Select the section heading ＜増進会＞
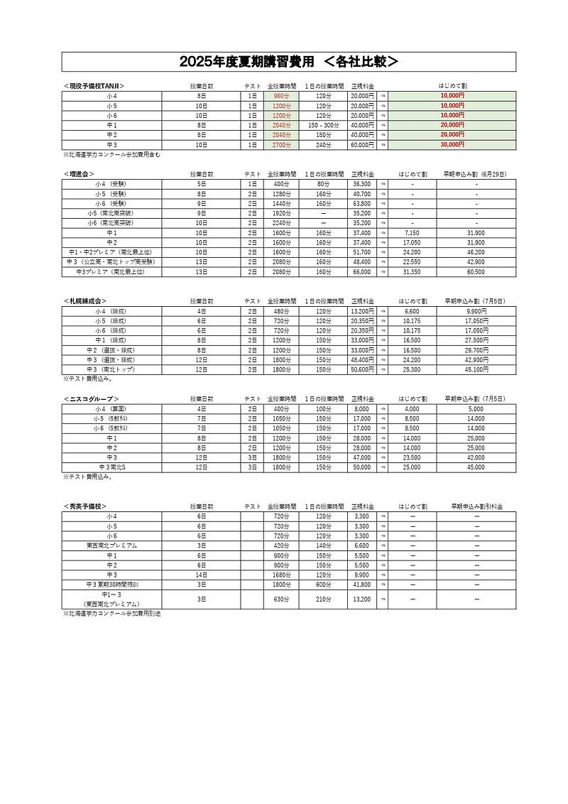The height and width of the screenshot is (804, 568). coord(79,173)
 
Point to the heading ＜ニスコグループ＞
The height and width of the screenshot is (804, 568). coord(90,399)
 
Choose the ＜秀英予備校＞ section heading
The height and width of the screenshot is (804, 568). coord(84,506)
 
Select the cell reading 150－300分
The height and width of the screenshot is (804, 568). coord(324,125)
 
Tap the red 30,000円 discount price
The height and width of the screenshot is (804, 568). coord(452,144)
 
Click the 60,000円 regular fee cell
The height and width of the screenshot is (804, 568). coord(362,144)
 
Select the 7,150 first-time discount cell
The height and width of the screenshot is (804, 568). coord(412,232)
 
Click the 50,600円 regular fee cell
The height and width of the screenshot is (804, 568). coord(362,369)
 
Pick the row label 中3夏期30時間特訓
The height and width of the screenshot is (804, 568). coord(112,585)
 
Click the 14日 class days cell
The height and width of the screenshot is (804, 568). coord(202,575)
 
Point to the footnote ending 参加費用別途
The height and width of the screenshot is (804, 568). coord(111,613)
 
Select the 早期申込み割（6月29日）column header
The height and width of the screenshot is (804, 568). coord(476,173)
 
